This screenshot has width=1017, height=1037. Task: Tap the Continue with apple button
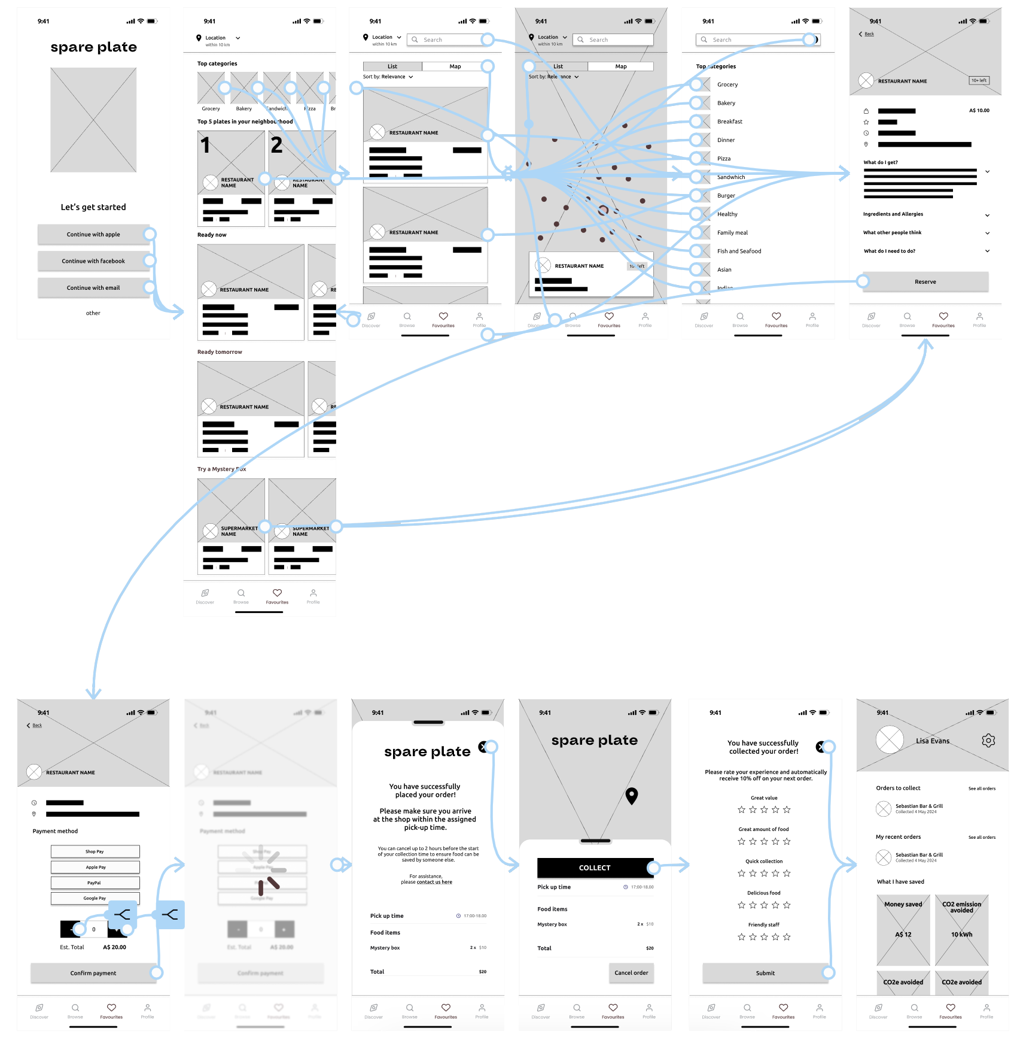(x=93, y=234)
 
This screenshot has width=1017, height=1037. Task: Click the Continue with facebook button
(x=93, y=261)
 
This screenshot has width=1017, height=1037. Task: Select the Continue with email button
(x=93, y=287)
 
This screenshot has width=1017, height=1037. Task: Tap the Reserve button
(x=925, y=281)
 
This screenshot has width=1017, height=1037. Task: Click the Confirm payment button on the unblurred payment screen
(x=93, y=973)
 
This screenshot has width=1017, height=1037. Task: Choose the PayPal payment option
(x=95, y=883)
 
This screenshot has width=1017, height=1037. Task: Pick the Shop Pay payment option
(x=95, y=851)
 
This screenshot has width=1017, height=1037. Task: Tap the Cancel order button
(x=631, y=972)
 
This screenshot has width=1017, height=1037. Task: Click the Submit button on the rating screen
(x=765, y=973)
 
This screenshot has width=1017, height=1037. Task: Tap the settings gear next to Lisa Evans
(x=988, y=741)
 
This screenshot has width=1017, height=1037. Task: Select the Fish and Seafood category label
(x=739, y=251)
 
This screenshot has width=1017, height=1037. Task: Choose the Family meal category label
(x=732, y=232)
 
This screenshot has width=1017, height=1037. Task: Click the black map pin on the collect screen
(x=631, y=795)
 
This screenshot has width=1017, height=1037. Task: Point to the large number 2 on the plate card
(x=276, y=145)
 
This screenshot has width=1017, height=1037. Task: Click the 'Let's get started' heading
(x=93, y=207)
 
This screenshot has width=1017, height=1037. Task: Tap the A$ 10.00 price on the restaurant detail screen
(x=979, y=110)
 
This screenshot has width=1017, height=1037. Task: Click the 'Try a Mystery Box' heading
(x=221, y=469)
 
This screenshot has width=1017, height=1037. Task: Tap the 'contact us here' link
(x=434, y=882)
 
